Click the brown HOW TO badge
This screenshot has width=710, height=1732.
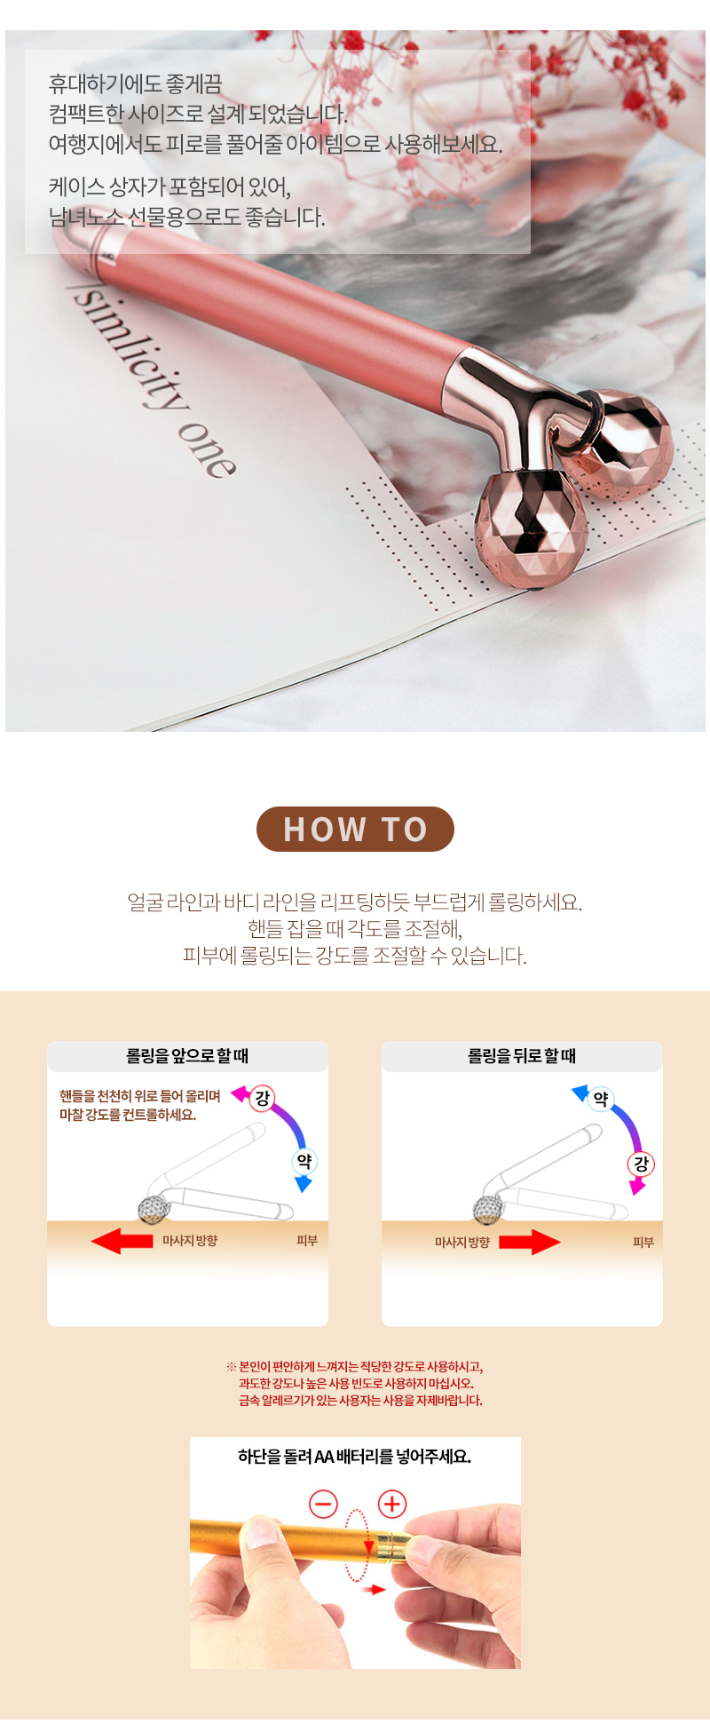point(355,829)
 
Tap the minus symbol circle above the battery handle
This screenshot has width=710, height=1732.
point(323,1504)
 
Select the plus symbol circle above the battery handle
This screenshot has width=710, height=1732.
point(392,1504)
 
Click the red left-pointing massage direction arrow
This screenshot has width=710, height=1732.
point(122,1241)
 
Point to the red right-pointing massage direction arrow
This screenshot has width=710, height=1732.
point(530,1242)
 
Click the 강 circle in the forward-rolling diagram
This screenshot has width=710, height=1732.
point(263,1099)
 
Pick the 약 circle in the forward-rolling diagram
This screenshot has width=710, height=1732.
point(304,1161)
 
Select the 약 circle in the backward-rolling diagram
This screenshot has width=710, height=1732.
point(601,1099)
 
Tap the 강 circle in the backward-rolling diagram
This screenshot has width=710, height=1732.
point(641,1164)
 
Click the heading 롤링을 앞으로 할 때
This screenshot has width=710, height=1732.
point(187,1056)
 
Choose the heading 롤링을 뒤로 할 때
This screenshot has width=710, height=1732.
point(522,1056)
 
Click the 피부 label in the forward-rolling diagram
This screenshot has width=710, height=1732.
point(307,1241)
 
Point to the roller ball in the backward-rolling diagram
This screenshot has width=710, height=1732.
point(488,1209)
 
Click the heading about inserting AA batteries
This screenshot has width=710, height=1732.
point(355,1457)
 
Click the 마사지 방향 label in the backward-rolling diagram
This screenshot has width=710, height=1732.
point(462,1242)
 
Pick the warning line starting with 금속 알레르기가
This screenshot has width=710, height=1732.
point(360,1401)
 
